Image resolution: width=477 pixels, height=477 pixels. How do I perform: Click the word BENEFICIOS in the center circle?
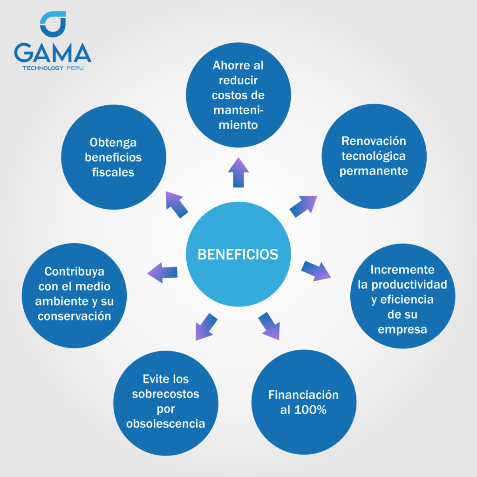pyautogui.click(x=238, y=254)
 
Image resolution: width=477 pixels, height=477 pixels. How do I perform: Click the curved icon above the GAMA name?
pyautogui.click(x=53, y=24)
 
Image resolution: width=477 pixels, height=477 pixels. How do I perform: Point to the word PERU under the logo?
pyautogui.click(x=75, y=68)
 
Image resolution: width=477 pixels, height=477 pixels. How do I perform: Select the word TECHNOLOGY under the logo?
pyautogui.click(x=43, y=68)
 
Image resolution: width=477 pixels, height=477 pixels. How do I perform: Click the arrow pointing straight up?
pyautogui.click(x=238, y=172)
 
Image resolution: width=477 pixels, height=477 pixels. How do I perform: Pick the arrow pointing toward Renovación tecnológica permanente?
pyautogui.click(x=303, y=206)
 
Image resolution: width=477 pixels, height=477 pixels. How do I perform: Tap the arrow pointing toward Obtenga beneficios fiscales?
pyautogui.click(x=177, y=204)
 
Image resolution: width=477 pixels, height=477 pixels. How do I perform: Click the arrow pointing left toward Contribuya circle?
pyautogui.click(x=163, y=273)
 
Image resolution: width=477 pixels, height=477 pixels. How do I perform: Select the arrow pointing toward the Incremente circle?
pyautogui.click(x=316, y=271)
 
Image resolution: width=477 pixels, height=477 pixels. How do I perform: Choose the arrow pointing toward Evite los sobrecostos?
pyautogui.click(x=206, y=327)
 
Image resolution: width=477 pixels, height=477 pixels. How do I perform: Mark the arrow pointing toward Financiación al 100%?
pyautogui.click(x=269, y=326)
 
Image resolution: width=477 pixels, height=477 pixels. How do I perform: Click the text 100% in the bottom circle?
pyautogui.click(x=310, y=410)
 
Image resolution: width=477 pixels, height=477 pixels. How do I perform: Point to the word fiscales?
pyautogui.click(x=113, y=172)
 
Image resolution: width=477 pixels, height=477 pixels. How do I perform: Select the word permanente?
pyautogui.click(x=374, y=171)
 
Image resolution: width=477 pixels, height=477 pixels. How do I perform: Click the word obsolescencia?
pyautogui.click(x=165, y=423)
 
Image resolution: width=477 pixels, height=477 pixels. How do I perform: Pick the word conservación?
pyautogui.click(x=74, y=316)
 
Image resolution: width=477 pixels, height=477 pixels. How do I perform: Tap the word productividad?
pyautogui.click(x=409, y=285)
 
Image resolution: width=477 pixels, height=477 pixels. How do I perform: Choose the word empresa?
pyautogui.click(x=402, y=330)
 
